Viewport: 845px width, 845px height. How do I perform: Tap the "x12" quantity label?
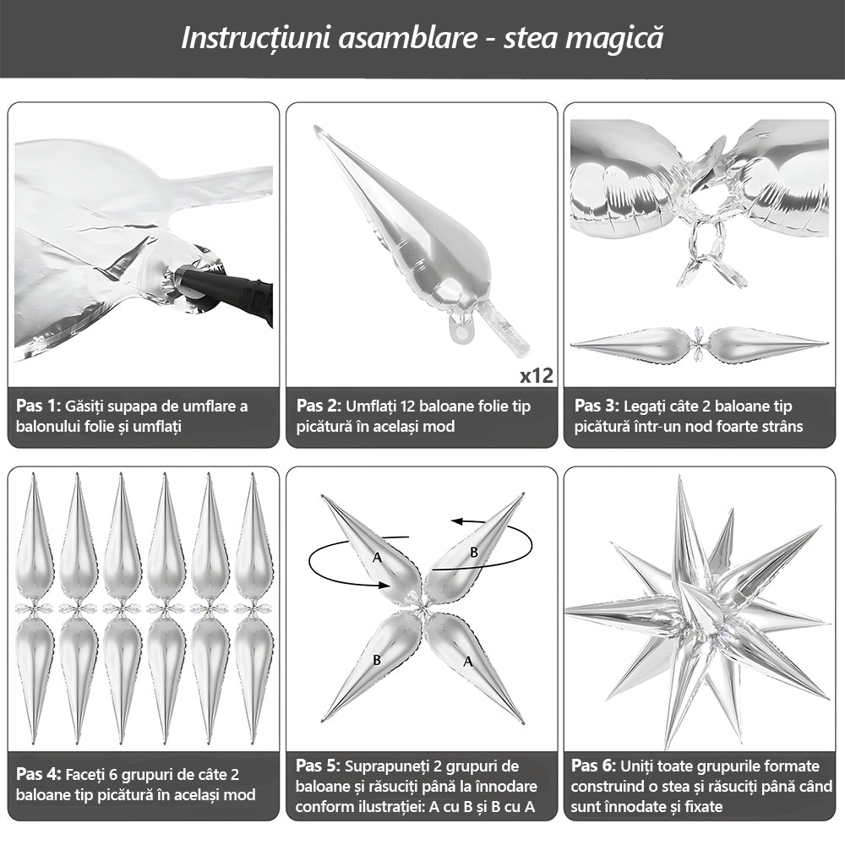point(537,375)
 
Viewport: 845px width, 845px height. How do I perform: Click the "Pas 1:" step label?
point(38,406)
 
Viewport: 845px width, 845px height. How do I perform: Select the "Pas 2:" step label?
point(319,406)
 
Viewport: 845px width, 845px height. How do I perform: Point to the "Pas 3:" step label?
point(597,406)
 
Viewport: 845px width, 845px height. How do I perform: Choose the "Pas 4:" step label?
point(39,774)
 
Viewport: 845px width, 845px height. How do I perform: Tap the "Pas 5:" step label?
point(318,766)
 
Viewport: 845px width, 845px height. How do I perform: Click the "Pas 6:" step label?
point(593,766)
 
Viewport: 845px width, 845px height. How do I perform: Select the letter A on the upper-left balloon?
point(377,557)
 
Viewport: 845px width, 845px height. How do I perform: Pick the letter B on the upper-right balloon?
point(474,552)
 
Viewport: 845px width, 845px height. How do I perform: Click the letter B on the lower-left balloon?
point(377,660)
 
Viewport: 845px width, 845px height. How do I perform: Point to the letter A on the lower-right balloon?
point(468,661)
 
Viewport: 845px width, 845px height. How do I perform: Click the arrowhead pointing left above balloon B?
point(457,521)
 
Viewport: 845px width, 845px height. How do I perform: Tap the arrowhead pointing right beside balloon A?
point(383,585)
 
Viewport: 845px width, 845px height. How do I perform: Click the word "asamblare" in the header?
point(407,39)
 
